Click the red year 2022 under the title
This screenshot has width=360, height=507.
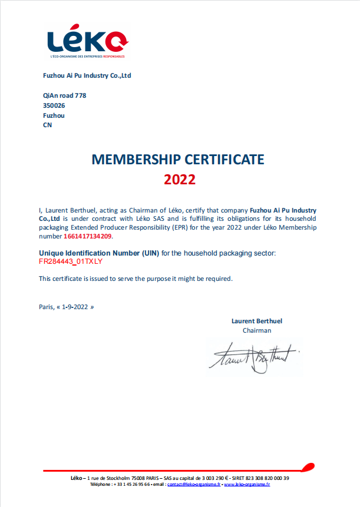[179, 180]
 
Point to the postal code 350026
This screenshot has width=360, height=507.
[54, 105]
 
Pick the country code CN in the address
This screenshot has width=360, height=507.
[48, 125]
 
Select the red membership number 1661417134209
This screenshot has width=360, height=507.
[87, 236]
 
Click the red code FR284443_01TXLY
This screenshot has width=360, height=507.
[71, 261]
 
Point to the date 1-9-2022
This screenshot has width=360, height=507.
[75, 307]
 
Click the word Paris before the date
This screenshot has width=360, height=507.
[45, 307]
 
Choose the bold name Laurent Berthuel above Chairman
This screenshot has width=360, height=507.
[257, 321]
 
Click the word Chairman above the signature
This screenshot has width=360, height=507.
[257, 330]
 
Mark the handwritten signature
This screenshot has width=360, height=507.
[253, 357]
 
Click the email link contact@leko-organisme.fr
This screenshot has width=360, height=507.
[194, 484]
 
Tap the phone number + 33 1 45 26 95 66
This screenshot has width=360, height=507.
[132, 484]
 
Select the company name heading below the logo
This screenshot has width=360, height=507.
[87, 75]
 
